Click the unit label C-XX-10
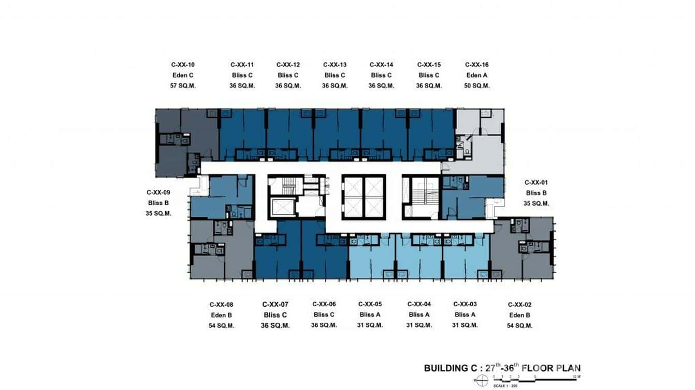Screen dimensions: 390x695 183,65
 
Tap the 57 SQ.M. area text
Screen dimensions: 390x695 183,86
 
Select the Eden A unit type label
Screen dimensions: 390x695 476,76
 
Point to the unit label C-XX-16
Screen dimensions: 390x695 476,65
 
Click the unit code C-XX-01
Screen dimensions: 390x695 536,183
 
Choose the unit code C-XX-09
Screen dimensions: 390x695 158,192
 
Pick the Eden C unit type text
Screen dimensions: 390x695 183,76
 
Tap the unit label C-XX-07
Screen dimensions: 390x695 275,305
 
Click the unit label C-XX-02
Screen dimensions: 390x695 519,305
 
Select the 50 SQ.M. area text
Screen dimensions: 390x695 476,86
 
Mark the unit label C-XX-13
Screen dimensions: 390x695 335,65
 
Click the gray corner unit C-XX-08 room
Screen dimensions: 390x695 207,264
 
